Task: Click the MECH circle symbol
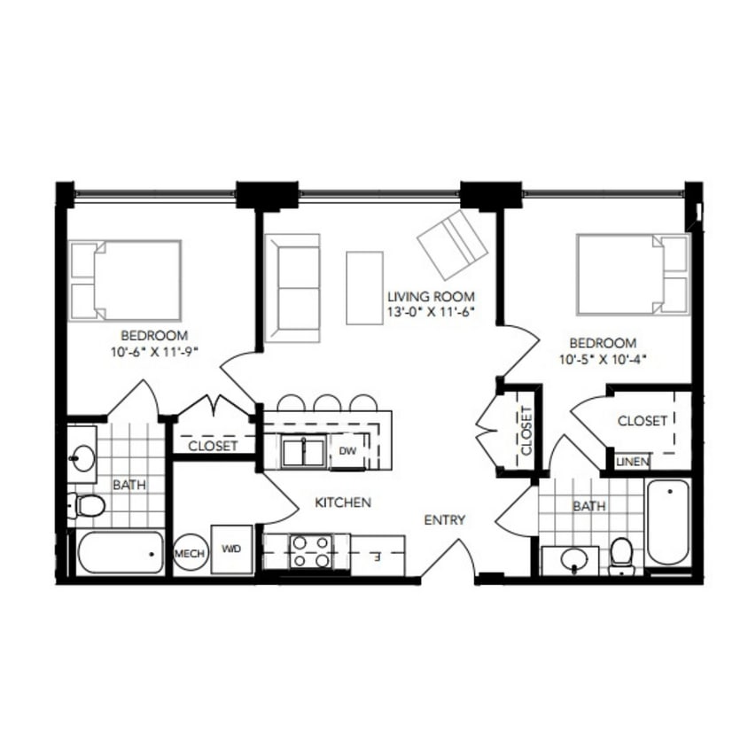tap(190, 553)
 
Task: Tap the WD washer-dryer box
tap(231, 549)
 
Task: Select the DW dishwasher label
tap(347, 451)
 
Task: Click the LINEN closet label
tap(633, 462)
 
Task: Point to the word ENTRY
tap(444, 520)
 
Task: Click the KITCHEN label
tap(343, 503)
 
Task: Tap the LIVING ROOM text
tap(431, 296)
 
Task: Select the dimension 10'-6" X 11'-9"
tap(153, 351)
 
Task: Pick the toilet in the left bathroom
tap(87, 506)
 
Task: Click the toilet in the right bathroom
tap(622, 555)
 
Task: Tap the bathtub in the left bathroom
tap(121, 554)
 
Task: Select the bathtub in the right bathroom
tap(667, 522)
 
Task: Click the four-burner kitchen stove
tap(310, 550)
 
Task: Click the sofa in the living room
tap(292, 288)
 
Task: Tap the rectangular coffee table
tap(364, 288)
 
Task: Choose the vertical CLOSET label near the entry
tap(526, 430)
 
